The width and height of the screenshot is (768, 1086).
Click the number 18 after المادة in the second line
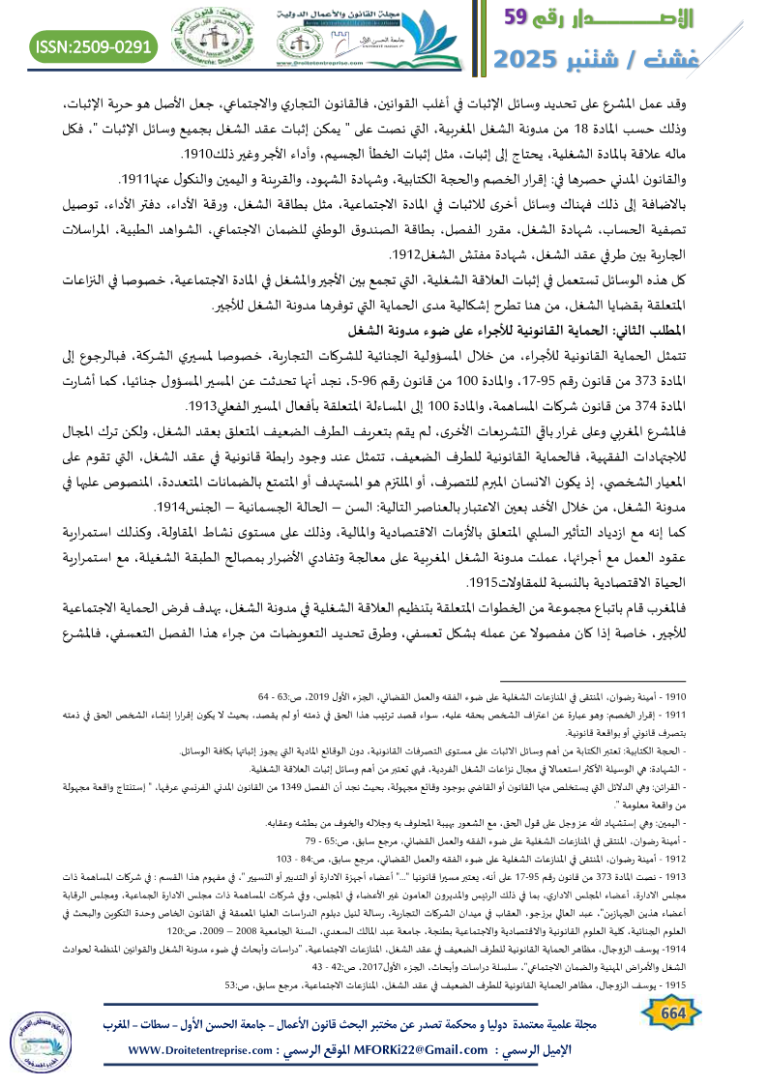[601, 129]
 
